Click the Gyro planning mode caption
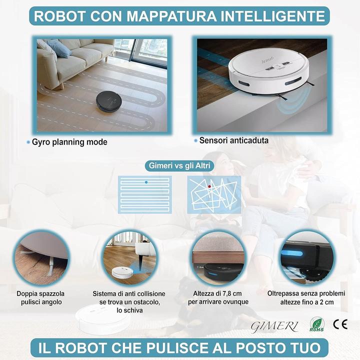(x=69, y=142)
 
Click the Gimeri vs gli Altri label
(x=179, y=165)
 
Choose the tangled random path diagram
(x=213, y=194)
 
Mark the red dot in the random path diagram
(x=209, y=186)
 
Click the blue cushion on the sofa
(x=59, y=48)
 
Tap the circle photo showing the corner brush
(x=41, y=258)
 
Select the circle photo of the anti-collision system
(x=129, y=258)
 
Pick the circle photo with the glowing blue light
(x=306, y=258)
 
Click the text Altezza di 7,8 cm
(x=218, y=293)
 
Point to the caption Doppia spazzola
(x=40, y=293)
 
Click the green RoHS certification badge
(x=316, y=324)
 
